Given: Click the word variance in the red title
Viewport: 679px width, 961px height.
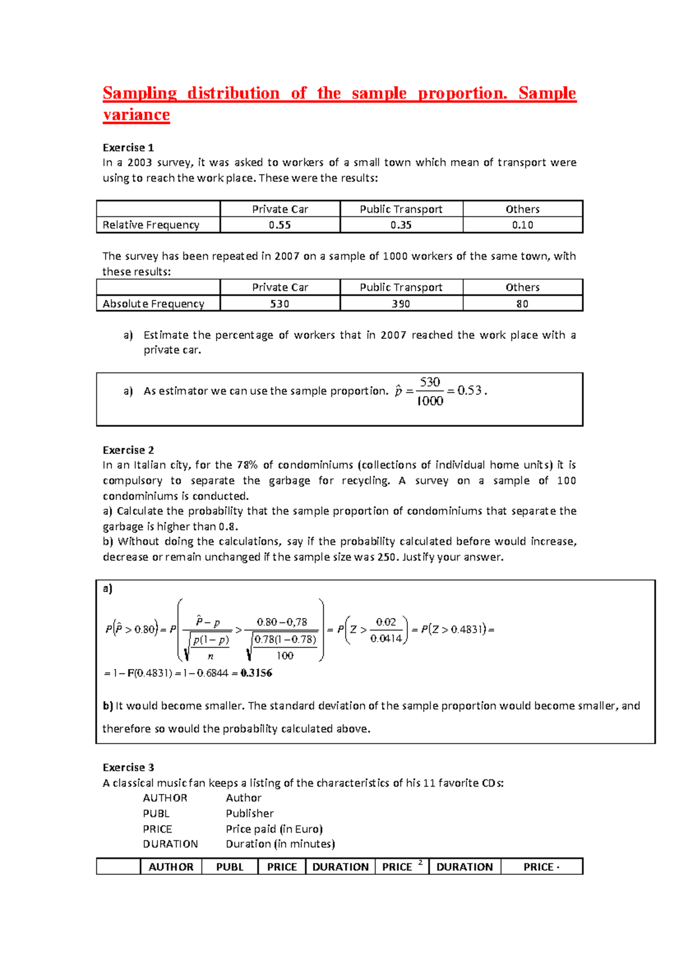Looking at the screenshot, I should [x=136, y=115].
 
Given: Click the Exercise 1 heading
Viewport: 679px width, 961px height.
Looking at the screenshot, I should [x=128, y=148].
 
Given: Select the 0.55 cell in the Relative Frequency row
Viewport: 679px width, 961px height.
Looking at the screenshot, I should [x=280, y=225].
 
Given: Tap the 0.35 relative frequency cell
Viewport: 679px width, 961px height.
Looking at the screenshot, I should [x=401, y=225].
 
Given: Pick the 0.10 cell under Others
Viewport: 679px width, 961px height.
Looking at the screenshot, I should [x=522, y=225].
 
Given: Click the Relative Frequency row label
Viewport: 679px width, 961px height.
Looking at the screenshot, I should [x=151, y=225].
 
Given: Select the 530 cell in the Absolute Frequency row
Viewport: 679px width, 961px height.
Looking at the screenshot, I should [x=280, y=304].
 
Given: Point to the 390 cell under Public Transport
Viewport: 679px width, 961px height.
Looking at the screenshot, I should [x=401, y=304].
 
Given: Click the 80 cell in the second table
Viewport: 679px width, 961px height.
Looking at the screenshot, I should [x=522, y=304].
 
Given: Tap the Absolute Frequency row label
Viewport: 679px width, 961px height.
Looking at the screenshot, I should [x=153, y=304].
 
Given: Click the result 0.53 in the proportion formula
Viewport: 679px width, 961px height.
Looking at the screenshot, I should [x=470, y=391].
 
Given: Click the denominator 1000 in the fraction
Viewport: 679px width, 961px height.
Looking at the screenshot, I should [x=429, y=401].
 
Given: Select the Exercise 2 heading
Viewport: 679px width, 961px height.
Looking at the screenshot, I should [x=128, y=450].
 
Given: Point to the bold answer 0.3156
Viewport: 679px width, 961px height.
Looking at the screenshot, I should [x=256, y=673].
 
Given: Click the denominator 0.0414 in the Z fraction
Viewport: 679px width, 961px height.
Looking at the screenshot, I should [x=386, y=639].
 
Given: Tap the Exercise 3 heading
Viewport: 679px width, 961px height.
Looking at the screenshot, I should [x=128, y=767].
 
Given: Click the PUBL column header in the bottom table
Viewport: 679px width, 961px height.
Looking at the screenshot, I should [x=230, y=867].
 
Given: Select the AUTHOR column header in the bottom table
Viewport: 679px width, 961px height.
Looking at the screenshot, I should [x=171, y=867].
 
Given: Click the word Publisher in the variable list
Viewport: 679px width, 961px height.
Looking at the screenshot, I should [x=250, y=813].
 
